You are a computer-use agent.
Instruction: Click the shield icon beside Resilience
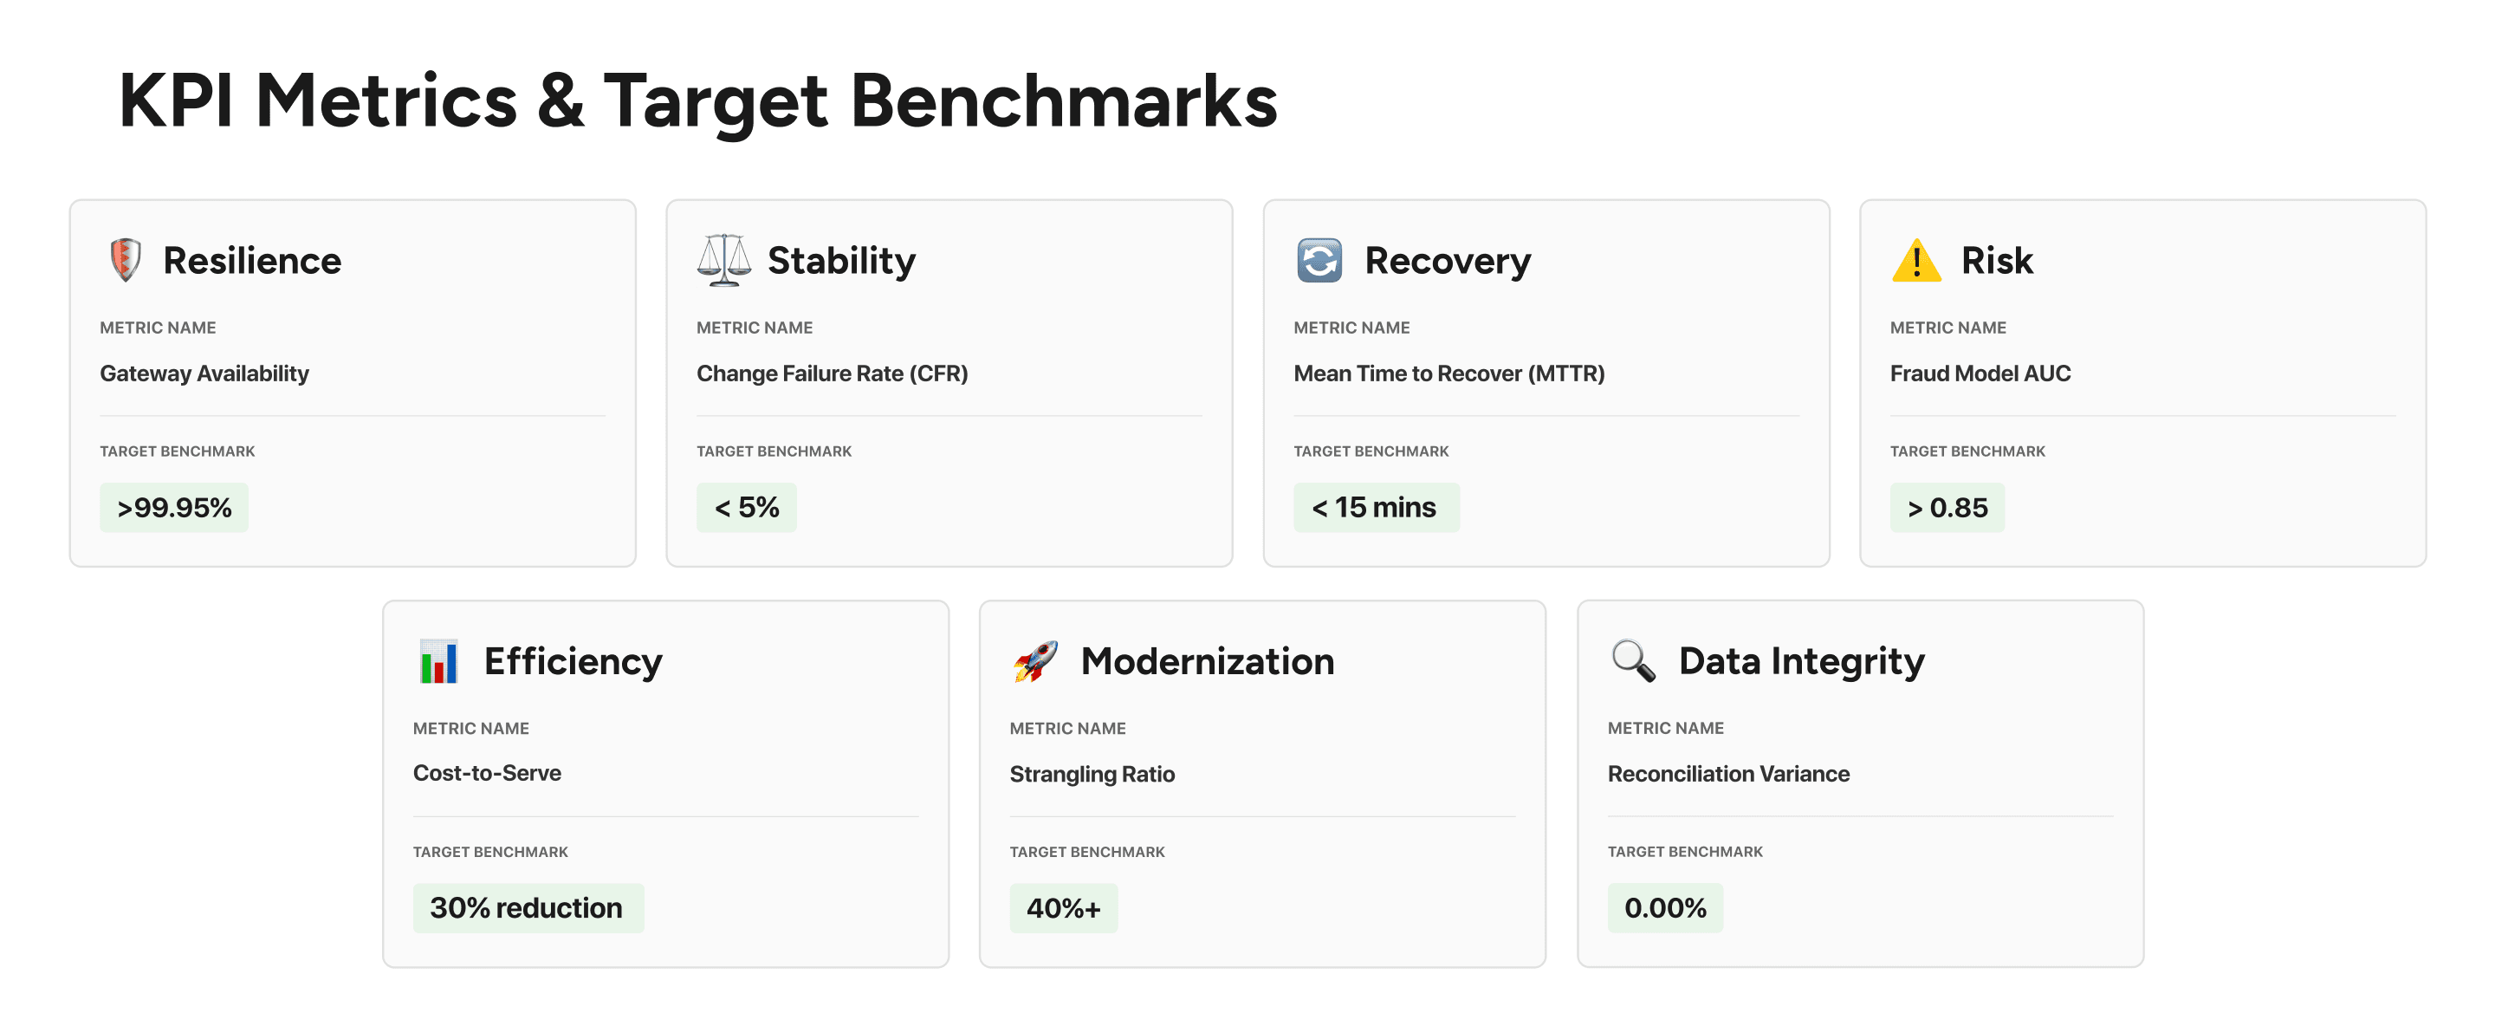pos(125,260)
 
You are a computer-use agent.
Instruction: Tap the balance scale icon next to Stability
pos(723,260)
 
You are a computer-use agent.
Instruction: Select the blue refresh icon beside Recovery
pos(1319,260)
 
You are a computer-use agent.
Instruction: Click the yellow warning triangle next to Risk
pos(1915,261)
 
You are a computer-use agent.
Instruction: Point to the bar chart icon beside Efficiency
pos(438,661)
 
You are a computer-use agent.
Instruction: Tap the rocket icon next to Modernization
pos(1035,661)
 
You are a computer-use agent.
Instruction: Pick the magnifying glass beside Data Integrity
pos(1633,661)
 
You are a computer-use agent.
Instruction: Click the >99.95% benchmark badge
pos(174,508)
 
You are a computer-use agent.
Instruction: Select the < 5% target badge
pos(747,508)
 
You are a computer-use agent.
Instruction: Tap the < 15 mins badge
pos(1376,508)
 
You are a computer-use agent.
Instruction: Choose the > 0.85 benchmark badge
pos(1947,508)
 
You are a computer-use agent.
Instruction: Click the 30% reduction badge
pos(527,908)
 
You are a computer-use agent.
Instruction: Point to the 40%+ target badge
pos(1064,908)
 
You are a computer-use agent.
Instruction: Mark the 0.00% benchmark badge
pos(1665,908)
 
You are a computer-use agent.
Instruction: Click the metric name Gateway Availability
pos(204,374)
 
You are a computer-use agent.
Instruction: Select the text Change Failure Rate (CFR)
pos(832,374)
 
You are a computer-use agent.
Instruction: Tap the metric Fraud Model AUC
pos(1980,374)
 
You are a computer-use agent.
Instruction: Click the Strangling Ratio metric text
pos(1092,774)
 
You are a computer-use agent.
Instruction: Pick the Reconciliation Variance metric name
pos(1728,774)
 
